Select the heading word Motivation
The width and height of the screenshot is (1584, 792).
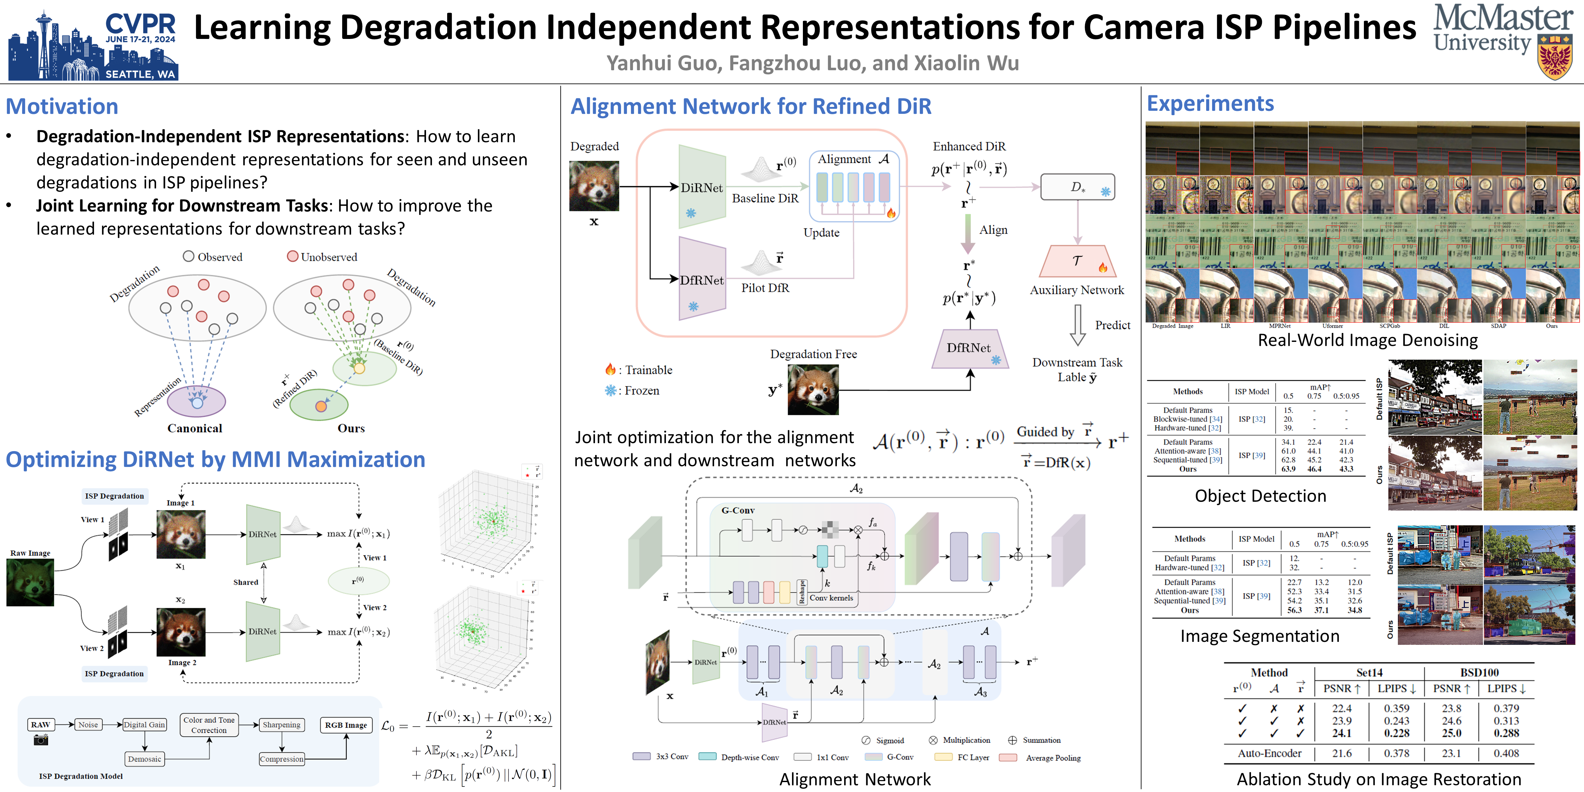(62, 106)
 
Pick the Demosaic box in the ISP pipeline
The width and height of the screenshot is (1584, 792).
(145, 759)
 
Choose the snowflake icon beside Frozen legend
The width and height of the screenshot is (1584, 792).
(610, 390)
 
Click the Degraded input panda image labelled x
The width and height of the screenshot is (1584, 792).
(594, 186)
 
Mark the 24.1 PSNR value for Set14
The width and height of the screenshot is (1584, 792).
(1342, 733)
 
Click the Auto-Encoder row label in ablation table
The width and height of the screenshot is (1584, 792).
(1269, 753)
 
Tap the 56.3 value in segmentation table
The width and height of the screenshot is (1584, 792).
(1294, 610)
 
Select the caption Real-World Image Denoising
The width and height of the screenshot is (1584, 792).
(1368, 340)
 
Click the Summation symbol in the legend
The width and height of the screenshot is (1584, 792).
(1012, 740)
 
